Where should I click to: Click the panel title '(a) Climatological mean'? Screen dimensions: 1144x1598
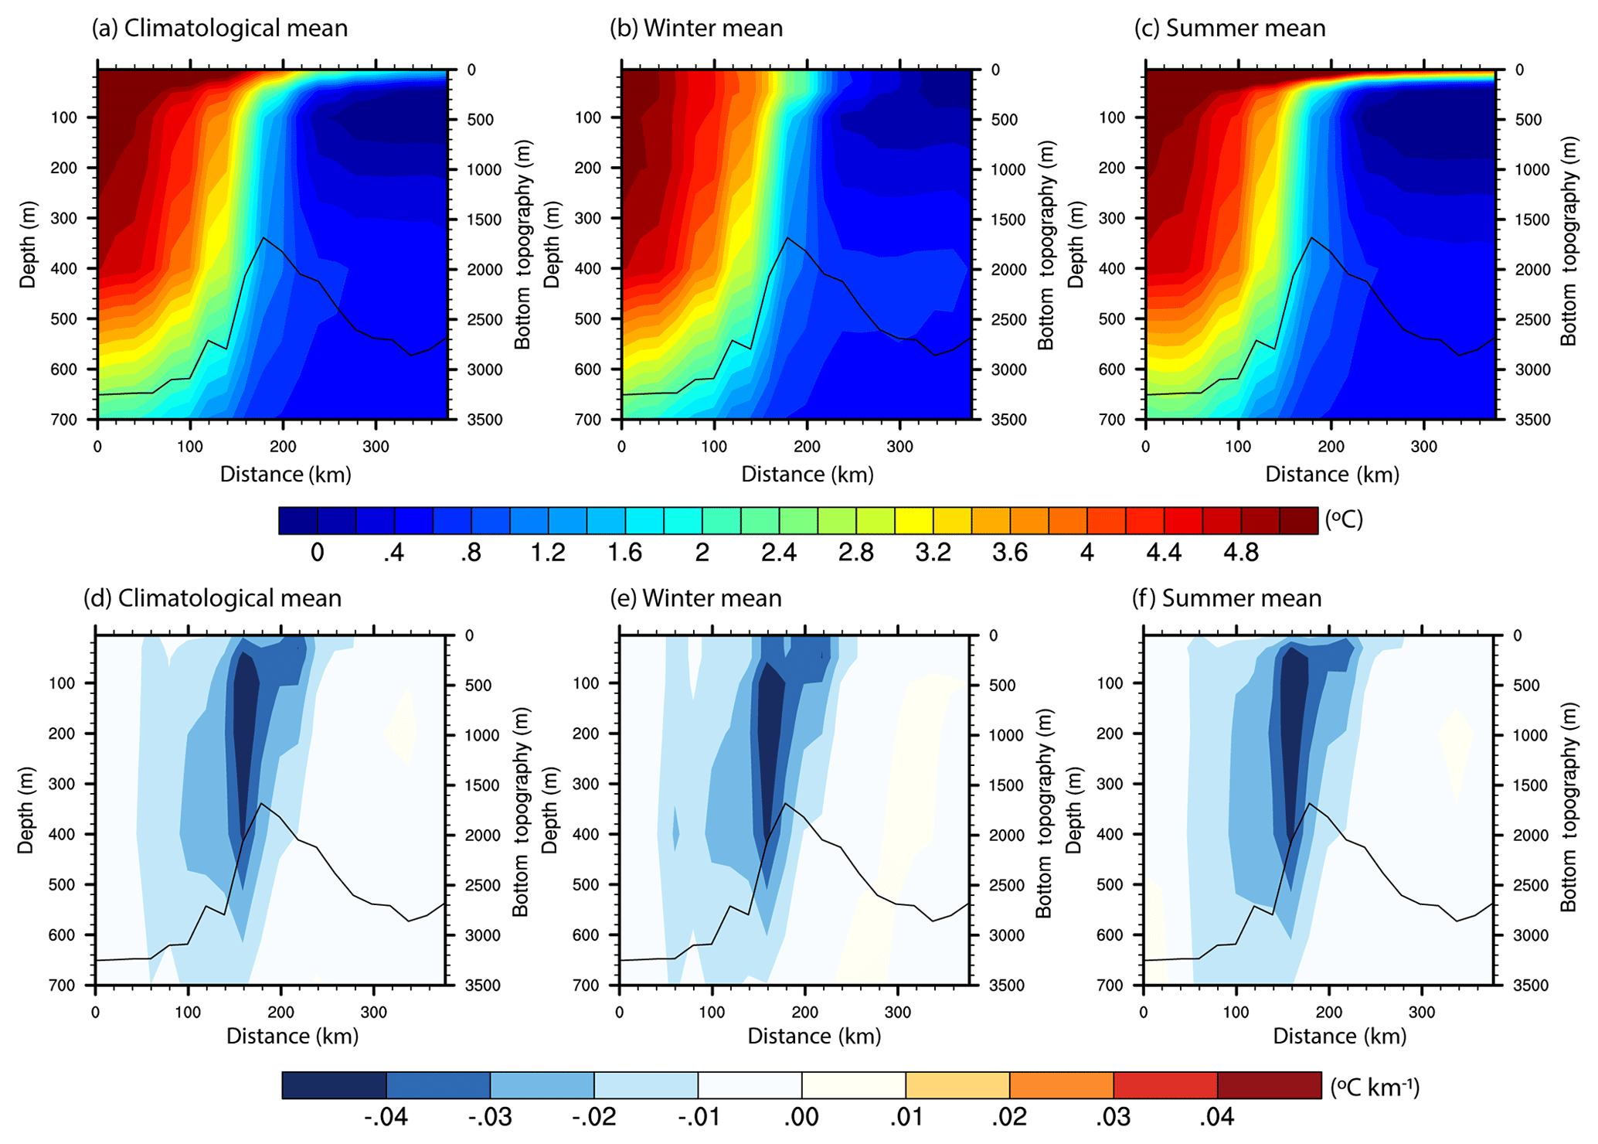(219, 28)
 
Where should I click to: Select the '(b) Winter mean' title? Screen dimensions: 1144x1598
(696, 28)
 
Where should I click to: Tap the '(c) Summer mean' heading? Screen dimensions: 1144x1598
(1229, 28)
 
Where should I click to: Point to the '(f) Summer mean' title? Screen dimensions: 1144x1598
(1226, 598)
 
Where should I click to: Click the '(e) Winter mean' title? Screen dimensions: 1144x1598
(695, 598)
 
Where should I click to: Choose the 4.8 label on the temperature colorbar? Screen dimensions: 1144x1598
(1241, 553)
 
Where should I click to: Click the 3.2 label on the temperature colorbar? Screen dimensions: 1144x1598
(933, 553)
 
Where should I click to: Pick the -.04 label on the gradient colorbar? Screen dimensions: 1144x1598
(385, 1118)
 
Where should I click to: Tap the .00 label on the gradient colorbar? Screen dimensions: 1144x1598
(801, 1118)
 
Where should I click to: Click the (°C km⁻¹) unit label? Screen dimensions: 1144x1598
(1375, 1087)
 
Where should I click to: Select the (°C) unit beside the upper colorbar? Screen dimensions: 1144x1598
(1344, 519)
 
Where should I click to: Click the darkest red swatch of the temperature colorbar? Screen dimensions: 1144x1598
(1299, 521)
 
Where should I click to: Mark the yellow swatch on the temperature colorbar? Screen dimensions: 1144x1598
(913, 521)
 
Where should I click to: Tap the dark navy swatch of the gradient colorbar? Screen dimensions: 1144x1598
(334, 1085)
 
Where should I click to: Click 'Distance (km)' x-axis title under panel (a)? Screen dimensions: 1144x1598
(285, 475)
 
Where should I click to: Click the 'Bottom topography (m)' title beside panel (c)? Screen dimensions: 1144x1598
(1568, 243)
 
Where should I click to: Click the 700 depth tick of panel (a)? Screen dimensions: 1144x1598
(64, 420)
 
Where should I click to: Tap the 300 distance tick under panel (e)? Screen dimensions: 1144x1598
(897, 1012)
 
